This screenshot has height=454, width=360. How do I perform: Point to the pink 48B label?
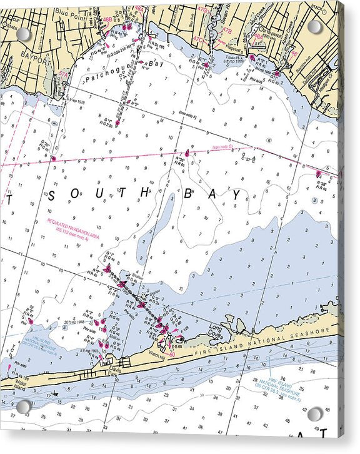107,19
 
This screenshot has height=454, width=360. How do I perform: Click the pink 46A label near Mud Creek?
257,37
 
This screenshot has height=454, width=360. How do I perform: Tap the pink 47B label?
226,30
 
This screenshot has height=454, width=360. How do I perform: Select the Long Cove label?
216,330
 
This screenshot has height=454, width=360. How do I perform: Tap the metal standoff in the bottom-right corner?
315,414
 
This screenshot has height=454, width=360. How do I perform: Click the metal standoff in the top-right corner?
315,26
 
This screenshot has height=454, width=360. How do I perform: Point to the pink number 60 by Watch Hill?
171,355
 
